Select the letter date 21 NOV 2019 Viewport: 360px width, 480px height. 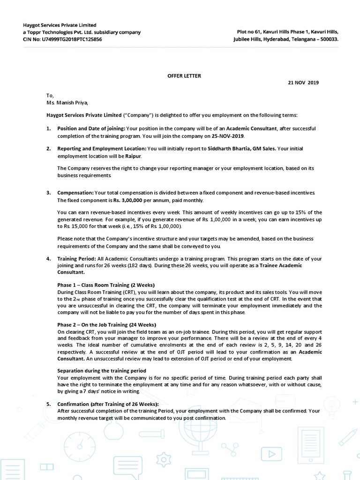click(x=303, y=82)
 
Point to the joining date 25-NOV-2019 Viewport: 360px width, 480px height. click(x=228, y=136)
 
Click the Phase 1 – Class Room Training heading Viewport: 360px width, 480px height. click(x=106, y=285)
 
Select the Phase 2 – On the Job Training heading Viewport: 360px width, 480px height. click(x=107, y=325)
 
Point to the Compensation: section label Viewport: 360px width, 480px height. click(x=75, y=193)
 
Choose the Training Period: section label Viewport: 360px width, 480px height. click(x=77, y=259)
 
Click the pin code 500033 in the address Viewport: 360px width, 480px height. click(x=328, y=39)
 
